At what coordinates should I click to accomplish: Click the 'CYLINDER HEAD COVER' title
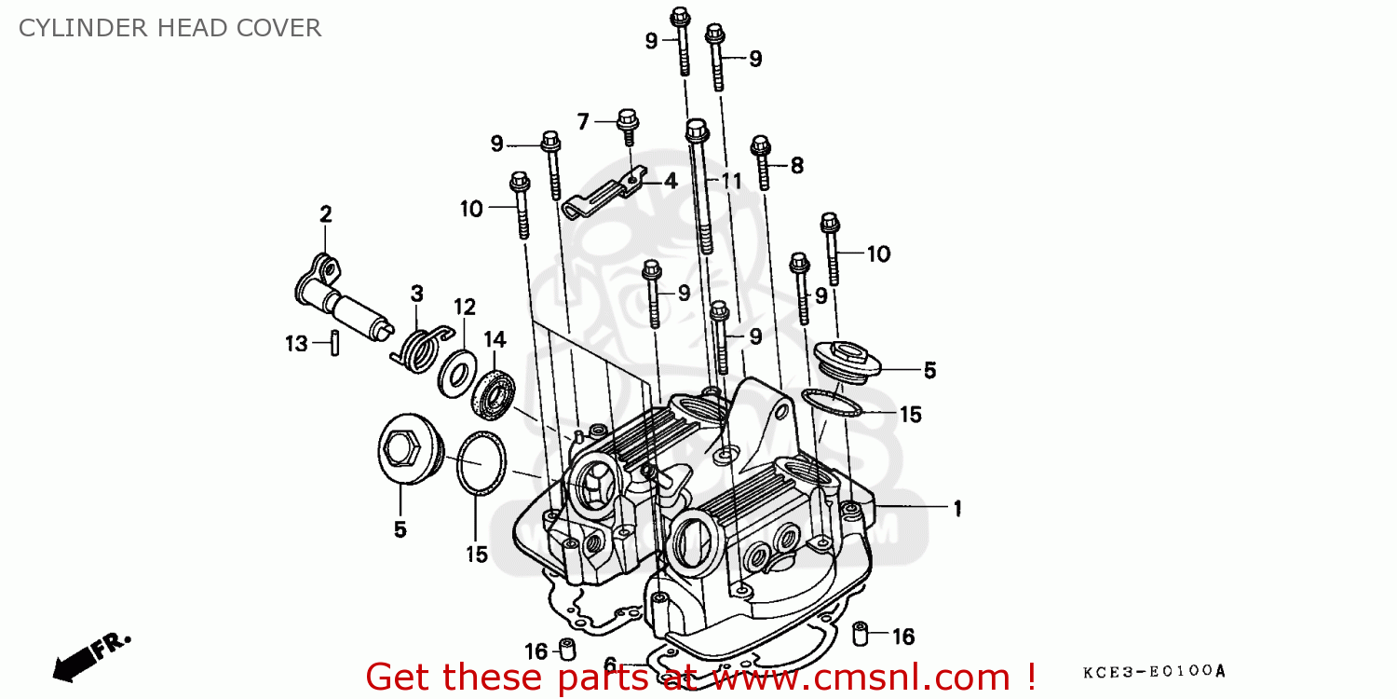click(x=170, y=28)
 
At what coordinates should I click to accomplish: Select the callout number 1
click(x=956, y=508)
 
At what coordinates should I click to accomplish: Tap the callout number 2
click(x=325, y=214)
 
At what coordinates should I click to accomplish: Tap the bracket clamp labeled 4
click(x=605, y=190)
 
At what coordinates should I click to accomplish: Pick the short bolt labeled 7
click(x=629, y=129)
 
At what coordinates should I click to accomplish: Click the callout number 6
click(x=610, y=665)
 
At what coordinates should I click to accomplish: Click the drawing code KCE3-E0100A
click(x=1154, y=671)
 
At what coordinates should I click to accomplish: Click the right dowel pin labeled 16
click(x=861, y=635)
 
